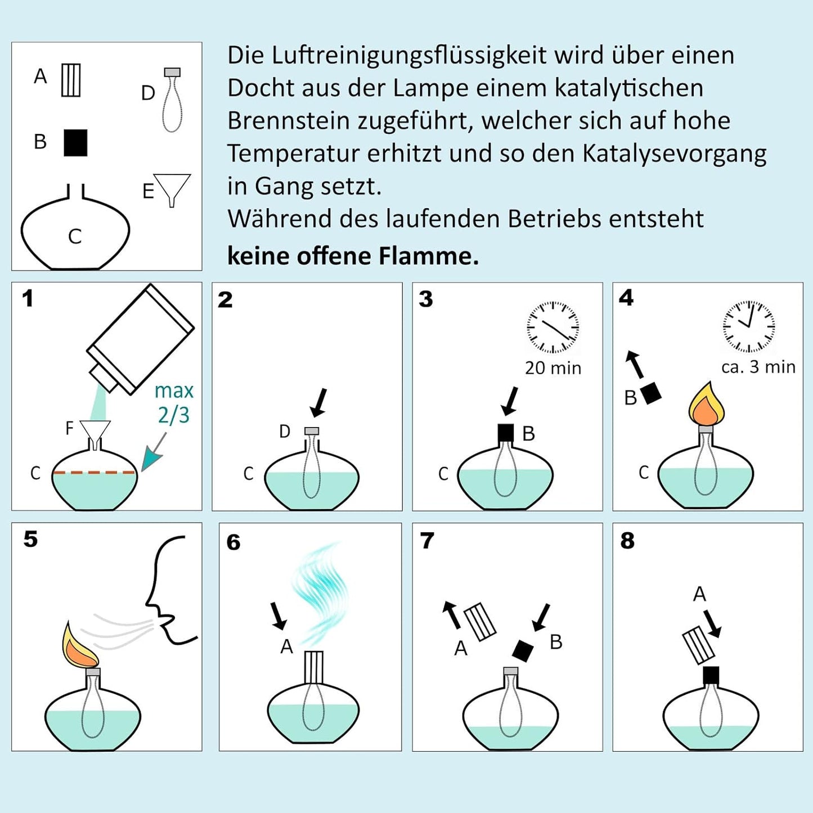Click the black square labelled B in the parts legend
coord(75,142)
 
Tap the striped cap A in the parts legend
coord(71,80)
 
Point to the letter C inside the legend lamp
coord(75,236)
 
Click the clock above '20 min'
coord(553,327)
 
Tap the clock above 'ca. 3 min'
coord(748,327)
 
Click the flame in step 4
coord(707,405)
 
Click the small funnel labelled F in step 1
coord(95,431)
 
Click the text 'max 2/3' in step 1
coord(174,403)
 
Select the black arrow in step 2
coord(318,403)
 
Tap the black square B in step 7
coord(523,650)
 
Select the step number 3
coord(426,299)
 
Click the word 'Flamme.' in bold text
coord(428,256)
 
